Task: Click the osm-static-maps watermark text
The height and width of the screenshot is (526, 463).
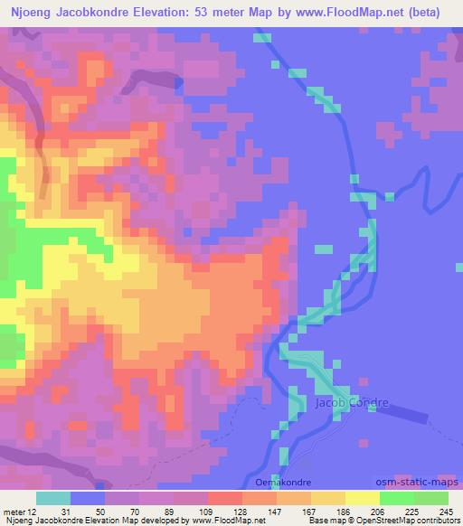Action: pyautogui.click(x=425, y=482)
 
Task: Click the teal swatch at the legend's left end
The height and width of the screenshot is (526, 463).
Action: pyautogui.click(x=54, y=498)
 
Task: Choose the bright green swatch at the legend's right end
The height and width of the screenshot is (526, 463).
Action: pyautogui.click(x=432, y=498)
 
